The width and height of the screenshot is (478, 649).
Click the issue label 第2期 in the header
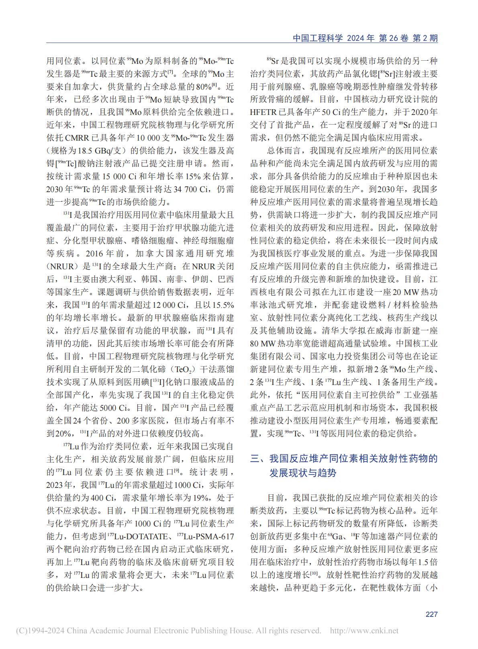(425, 38)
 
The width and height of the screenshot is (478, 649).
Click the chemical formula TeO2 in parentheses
(186, 369)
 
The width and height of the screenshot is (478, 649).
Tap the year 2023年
(59, 485)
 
